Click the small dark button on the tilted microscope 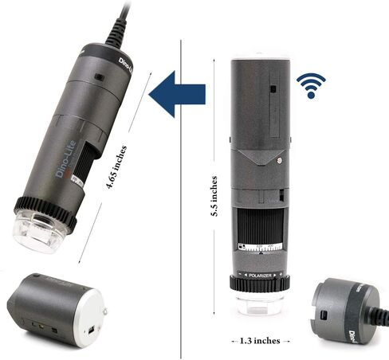point(98,77)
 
